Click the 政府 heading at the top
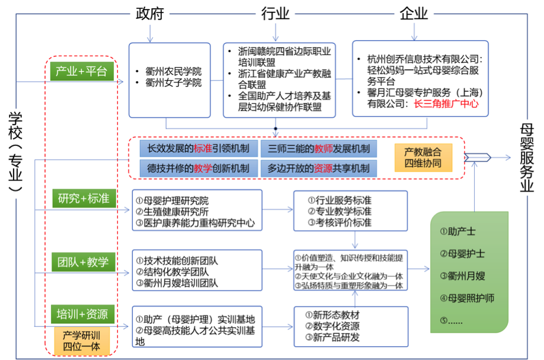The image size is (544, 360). (x=149, y=14)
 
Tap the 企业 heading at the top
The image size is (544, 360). (x=414, y=13)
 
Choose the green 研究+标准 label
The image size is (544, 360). (x=83, y=199)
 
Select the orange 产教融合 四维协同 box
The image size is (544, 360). (x=423, y=157)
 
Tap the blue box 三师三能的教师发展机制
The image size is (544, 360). (x=318, y=148)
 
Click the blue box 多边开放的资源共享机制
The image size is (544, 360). (x=318, y=168)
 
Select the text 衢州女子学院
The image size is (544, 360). (x=173, y=83)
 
